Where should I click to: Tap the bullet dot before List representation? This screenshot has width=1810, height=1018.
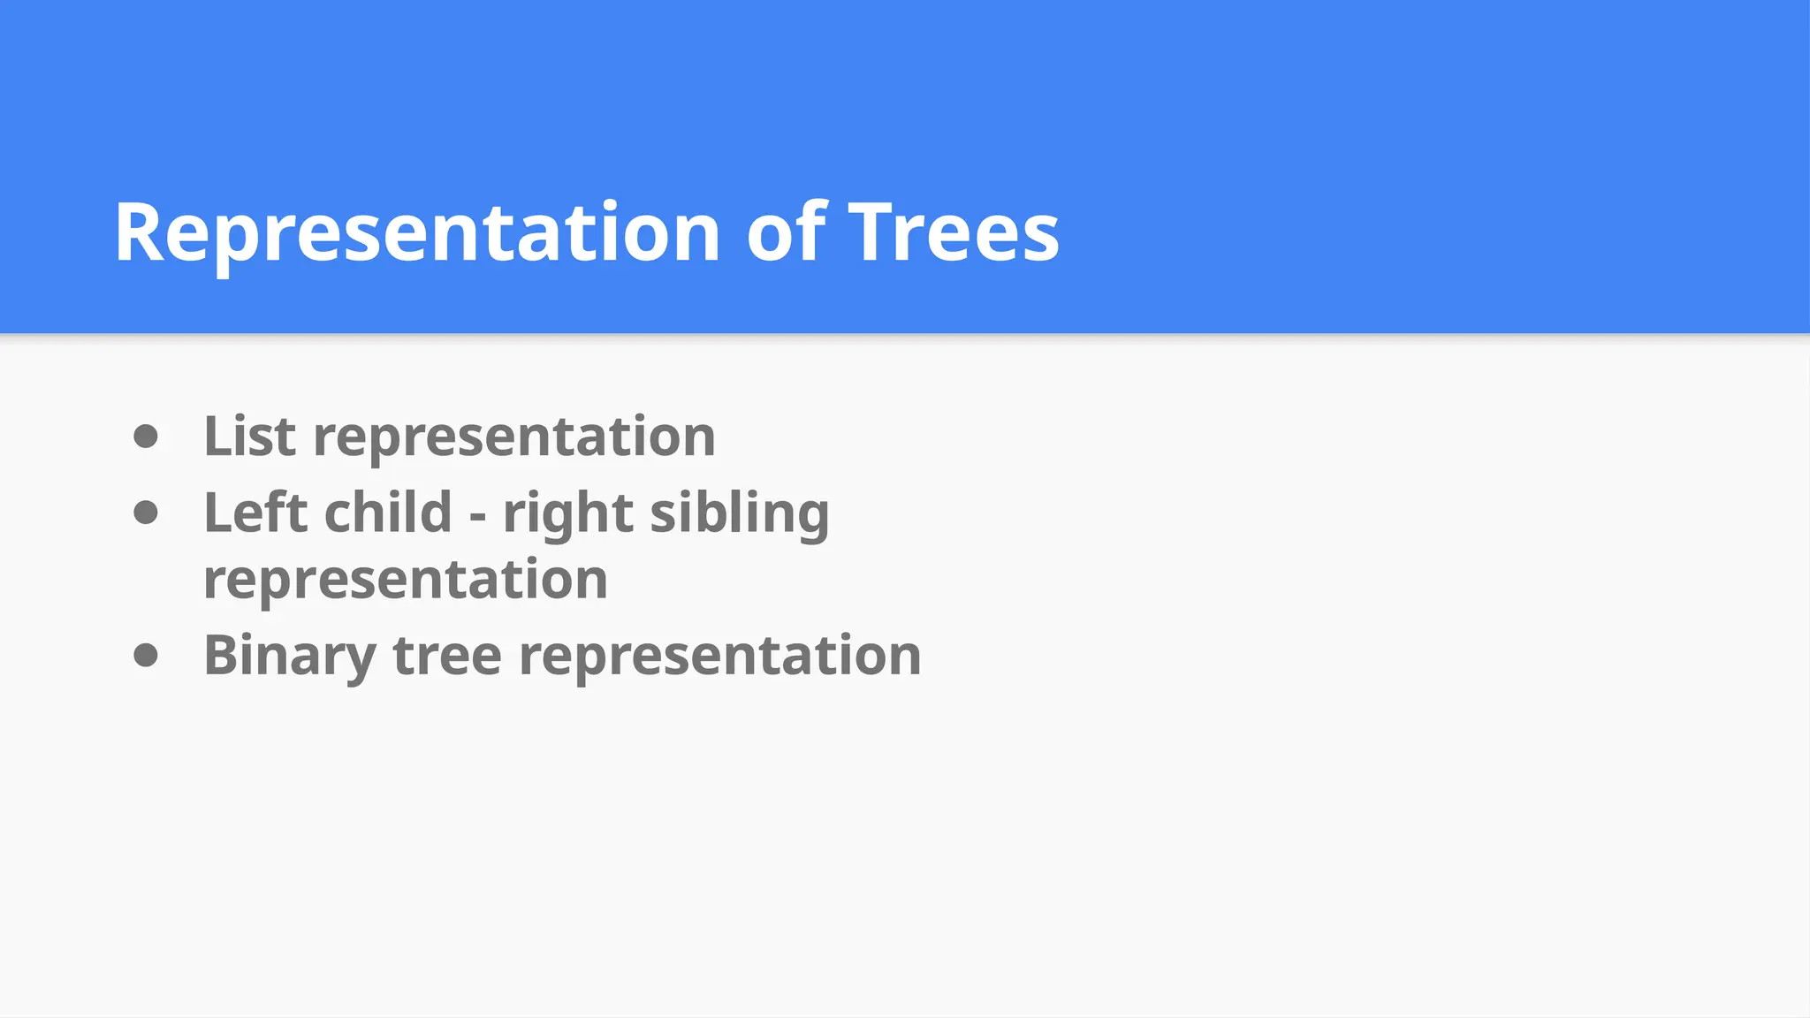pos(146,437)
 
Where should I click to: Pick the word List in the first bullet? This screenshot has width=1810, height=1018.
pos(249,437)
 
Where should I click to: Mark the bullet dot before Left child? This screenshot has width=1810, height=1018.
pos(146,513)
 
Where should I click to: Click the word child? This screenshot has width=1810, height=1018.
pos(389,513)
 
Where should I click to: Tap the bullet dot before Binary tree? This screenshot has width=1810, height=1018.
pos(146,656)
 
